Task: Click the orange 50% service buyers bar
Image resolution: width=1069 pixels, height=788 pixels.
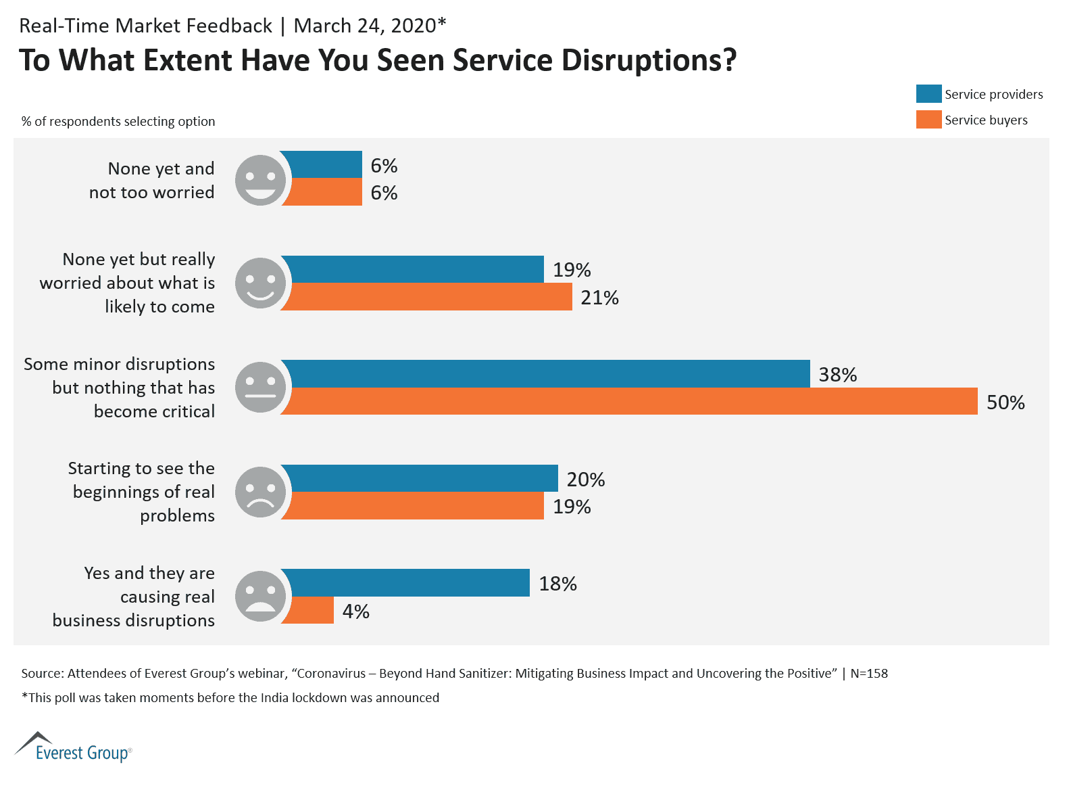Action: (x=628, y=401)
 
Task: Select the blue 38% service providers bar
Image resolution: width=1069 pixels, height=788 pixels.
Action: (x=546, y=373)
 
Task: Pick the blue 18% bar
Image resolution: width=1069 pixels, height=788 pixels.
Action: (x=405, y=582)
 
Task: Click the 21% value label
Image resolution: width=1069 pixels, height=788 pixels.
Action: (x=599, y=298)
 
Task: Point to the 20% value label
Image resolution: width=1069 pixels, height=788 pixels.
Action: (x=585, y=480)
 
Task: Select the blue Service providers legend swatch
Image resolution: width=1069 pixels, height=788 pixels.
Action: (x=928, y=94)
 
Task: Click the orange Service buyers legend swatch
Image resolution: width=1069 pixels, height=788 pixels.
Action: (x=928, y=120)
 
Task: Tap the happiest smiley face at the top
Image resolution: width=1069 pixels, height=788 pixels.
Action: (x=260, y=180)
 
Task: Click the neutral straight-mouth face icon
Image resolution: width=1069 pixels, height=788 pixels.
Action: (x=260, y=387)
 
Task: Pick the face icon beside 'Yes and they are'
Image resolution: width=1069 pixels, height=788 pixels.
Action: (x=260, y=596)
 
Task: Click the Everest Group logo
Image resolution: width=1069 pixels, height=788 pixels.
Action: (x=73, y=747)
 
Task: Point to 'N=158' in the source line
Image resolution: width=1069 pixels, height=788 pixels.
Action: (x=869, y=674)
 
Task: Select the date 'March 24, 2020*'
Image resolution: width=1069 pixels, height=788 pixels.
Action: (x=370, y=26)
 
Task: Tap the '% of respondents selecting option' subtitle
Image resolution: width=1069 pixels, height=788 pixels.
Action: (x=118, y=122)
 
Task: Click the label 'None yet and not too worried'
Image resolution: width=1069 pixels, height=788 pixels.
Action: (x=152, y=180)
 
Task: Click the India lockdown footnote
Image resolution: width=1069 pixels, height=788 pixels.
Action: (x=230, y=698)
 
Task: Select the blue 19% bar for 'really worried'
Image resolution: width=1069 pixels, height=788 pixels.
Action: (x=412, y=269)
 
